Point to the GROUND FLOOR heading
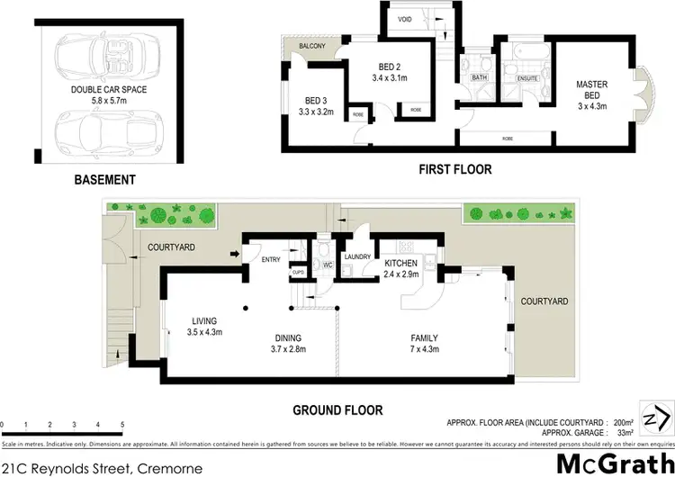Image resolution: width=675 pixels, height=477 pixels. pyautogui.click(x=337, y=409)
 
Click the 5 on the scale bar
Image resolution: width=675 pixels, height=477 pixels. pyautogui.click(x=122, y=423)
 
